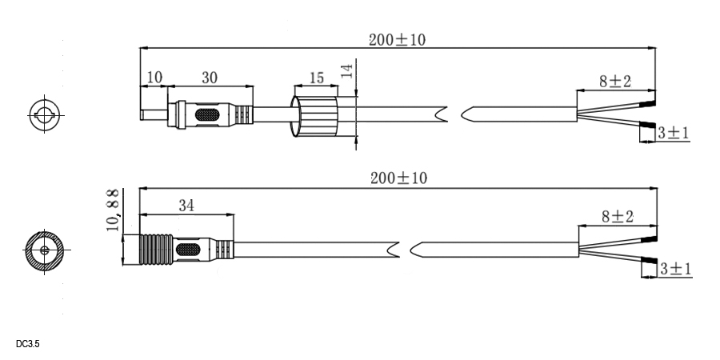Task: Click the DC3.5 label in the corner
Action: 27,344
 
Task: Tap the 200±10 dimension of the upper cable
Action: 397,40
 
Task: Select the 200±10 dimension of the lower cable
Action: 398,178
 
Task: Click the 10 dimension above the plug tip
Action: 154,77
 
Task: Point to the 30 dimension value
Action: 210,78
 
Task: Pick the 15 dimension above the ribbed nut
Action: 316,78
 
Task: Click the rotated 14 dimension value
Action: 348,70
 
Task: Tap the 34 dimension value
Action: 186,206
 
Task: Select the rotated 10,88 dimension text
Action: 113,210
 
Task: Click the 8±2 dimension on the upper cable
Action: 615,82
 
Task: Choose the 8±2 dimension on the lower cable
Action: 618,216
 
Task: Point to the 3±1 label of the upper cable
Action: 674,133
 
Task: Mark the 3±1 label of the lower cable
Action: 675,269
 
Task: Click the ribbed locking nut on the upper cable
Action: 315,116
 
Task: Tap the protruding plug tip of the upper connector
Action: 154,114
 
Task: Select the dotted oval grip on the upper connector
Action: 207,114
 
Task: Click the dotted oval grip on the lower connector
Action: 188,250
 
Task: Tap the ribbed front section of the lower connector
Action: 156,250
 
